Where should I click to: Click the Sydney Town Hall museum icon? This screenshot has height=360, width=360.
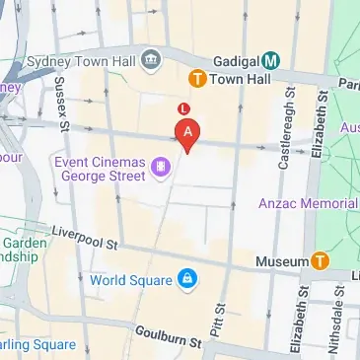tap(151, 61)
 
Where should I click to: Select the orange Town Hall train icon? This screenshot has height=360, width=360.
tap(197, 77)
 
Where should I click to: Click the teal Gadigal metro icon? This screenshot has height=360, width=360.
tap(271, 60)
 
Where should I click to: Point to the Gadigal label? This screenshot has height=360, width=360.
tap(226, 60)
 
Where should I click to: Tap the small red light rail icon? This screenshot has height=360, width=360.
tap(182, 107)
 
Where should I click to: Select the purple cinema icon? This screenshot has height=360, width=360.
tap(159, 168)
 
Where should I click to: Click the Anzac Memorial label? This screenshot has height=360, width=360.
tap(308, 203)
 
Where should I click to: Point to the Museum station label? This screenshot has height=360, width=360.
tap(282, 261)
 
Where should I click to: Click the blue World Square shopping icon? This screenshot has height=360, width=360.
tap(185, 281)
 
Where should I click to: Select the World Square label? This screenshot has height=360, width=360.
tap(130, 281)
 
